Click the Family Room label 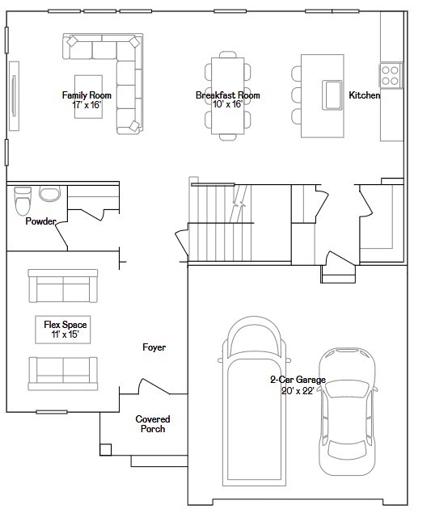[x=87, y=95]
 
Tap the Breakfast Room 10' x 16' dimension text [x=227, y=104]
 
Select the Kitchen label [x=364, y=95]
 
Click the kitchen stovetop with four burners [x=391, y=75]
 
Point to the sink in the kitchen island [x=332, y=95]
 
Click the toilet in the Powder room [x=23, y=200]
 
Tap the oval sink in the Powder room [x=50, y=194]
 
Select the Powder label [x=40, y=221]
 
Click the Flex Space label [x=65, y=325]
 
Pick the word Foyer [x=154, y=347]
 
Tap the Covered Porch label [x=153, y=424]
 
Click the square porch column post [x=105, y=449]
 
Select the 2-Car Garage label [x=298, y=380]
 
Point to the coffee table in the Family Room [x=88, y=96]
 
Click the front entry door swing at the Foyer [x=154, y=387]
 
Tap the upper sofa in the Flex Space [x=63, y=286]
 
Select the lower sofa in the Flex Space [x=63, y=373]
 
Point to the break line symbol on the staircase [x=239, y=204]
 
